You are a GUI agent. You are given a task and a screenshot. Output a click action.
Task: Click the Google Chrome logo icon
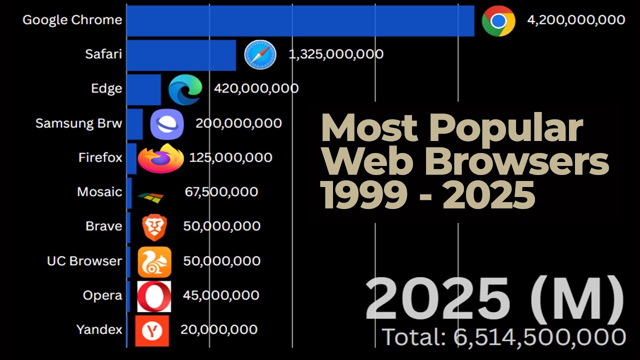tap(498, 21)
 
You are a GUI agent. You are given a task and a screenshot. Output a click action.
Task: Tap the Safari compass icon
tap(260, 55)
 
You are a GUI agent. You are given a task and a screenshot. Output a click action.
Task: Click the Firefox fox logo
tap(161, 158)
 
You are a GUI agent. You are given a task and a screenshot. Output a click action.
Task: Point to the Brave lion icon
tap(154, 227)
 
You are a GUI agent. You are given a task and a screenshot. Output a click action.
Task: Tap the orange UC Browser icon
tap(154, 262)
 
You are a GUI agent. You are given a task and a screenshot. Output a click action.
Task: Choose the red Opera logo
tap(154, 296)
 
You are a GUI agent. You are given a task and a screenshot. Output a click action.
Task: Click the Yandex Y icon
tap(152, 331)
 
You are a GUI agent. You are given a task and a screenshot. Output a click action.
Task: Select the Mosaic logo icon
tap(150, 197)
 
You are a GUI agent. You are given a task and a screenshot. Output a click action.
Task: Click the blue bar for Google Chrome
tap(300, 21)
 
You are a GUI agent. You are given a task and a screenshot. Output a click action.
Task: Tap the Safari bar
tap(181, 55)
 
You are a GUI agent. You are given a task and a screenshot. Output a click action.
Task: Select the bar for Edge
tap(144, 89)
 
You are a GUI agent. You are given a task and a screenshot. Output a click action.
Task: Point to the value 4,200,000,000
tap(576, 20)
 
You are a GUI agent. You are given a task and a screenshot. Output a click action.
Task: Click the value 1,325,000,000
tap(336, 54)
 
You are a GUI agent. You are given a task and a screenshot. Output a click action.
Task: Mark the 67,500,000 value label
tap(221, 192)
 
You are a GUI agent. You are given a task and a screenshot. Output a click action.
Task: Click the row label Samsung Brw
tap(78, 123)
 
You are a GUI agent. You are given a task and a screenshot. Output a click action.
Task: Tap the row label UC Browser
tap(84, 261)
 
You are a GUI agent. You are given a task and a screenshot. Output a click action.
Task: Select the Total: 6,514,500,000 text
tap(504, 337)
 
